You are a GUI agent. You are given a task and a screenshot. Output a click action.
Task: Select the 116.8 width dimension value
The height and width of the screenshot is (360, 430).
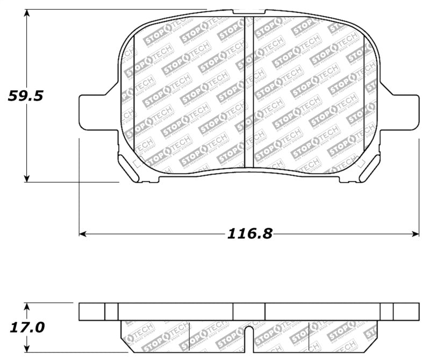pos(250,233)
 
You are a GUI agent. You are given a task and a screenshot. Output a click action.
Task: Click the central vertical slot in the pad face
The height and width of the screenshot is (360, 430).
pos(249,91)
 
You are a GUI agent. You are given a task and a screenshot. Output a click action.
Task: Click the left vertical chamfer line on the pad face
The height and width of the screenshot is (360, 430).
pos(133,91)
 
